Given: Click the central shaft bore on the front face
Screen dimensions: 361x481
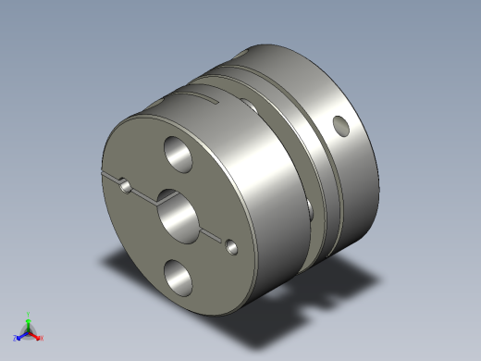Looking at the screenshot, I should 176,213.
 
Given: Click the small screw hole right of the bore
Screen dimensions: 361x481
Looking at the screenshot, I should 230,247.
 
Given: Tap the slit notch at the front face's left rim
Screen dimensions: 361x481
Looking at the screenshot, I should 108,176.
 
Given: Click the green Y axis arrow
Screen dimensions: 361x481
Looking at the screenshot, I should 29,320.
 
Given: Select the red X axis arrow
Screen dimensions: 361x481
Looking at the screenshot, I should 36,335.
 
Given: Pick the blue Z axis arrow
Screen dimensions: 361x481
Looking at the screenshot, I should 21,335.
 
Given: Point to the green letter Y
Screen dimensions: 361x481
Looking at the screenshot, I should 29,314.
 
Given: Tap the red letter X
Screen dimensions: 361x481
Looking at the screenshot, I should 42,339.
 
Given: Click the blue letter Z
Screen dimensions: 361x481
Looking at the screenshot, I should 16,339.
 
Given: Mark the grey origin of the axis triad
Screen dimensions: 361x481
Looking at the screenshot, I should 29,331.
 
